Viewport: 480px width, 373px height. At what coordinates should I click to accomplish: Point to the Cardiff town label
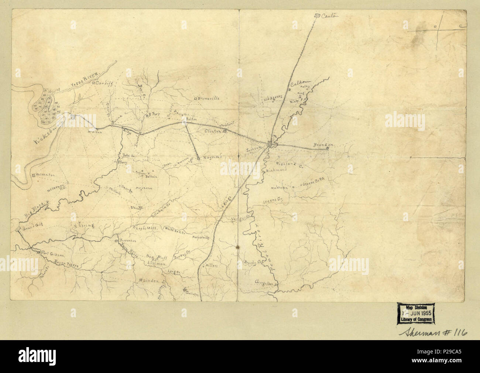pyautogui.click(x=104, y=84)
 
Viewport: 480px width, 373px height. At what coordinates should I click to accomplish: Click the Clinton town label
pyautogui.click(x=213, y=131)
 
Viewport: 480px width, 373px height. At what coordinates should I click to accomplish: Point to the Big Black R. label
pyautogui.click(x=37, y=209)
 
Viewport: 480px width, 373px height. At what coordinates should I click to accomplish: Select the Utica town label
pyautogui.click(x=134, y=208)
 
